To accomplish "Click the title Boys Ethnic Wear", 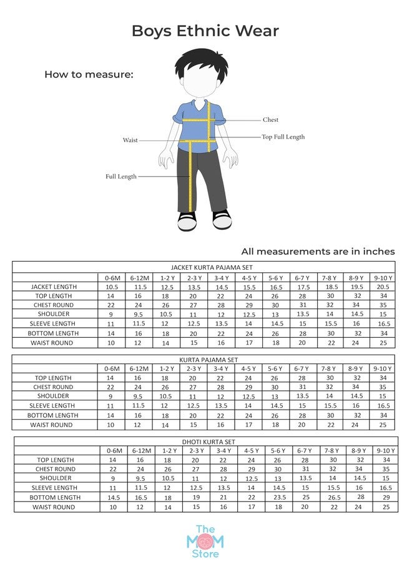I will (x=205, y=31).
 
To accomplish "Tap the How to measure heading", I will (x=89, y=74).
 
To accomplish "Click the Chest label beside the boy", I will (x=270, y=120).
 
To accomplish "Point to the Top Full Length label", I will (x=283, y=137).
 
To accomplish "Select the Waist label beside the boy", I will (x=130, y=140).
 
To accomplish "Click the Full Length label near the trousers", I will (x=120, y=177).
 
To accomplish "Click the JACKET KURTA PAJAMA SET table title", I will (x=204, y=267).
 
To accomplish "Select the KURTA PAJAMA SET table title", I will (x=204, y=360).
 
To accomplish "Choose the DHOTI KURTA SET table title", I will (x=204, y=441).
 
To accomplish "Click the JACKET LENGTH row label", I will (x=54, y=287).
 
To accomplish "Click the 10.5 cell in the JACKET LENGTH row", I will (x=112, y=287).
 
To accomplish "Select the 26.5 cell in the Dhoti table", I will (x=330, y=498).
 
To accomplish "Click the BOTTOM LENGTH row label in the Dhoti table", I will (x=54, y=498).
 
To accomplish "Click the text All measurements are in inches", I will (x=318, y=251).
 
